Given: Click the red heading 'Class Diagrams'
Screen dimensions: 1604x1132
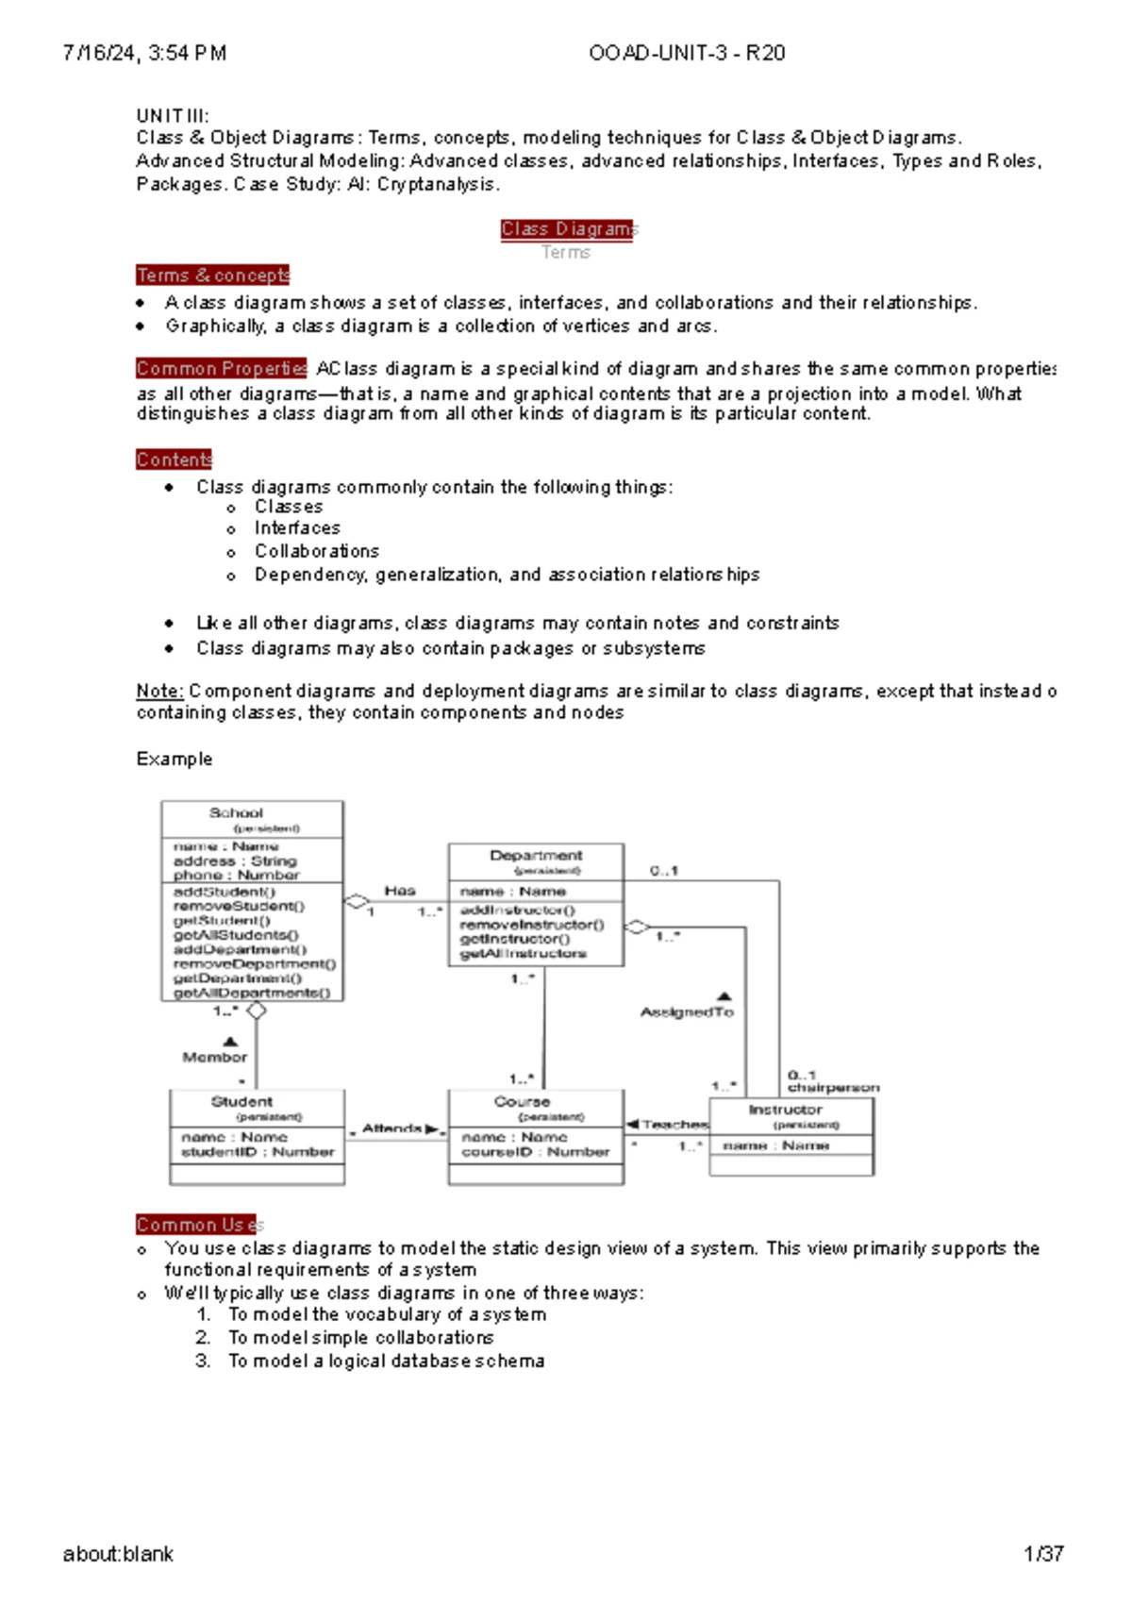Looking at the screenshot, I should pyautogui.click(x=569, y=229).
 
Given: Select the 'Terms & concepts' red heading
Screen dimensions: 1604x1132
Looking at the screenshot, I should pyautogui.click(x=213, y=276).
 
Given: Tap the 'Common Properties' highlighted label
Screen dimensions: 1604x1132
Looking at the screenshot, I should pyautogui.click(x=222, y=368).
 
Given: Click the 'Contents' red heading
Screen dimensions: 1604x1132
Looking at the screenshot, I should pyautogui.click(x=175, y=459).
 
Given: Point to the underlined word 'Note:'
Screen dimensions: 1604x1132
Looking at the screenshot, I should pyautogui.click(x=159, y=691).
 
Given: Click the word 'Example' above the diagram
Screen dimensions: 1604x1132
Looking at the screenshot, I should pyautogui.click(x=175, y=760).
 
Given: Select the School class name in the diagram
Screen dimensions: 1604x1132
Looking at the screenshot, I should pyautogui.click(x=236, y=812).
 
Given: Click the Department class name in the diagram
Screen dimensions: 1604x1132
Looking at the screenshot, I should pyautogui.click(x=536, y=855).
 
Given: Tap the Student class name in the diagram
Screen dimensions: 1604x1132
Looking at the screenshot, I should pyautogui.click(x=241, y=1101).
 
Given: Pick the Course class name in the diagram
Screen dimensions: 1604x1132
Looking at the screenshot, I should pyautogui.click(x=522, y=1101).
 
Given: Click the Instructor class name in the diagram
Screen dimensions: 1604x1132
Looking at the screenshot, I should pyautogui.click(x=785, y=1110).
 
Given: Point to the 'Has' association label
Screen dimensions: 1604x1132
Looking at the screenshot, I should pyautogui.click(x=400, y=891).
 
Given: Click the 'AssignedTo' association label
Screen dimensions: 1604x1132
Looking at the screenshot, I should pyautogui.click(x=687, y=1012).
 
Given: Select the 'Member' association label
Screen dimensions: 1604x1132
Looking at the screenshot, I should pyautogui.click(x=215, y=1058).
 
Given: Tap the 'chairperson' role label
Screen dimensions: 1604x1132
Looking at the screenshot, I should pyautogui.click(x=834, y=1088).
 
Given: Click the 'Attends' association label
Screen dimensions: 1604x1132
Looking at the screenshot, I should pyautogui.click(x=391, y=1128).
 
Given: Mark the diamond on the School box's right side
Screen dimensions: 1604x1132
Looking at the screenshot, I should pyautogui.click(x=356, y=902).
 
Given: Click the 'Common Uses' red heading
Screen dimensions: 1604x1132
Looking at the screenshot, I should pyautogui.click(x=200, y=1225).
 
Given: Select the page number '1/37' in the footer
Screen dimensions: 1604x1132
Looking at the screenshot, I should pyautogui.click(x=1044, y=1554).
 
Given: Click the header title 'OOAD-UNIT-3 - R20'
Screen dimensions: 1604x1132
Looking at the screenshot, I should pyautogui.click(x=687, y=53).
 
